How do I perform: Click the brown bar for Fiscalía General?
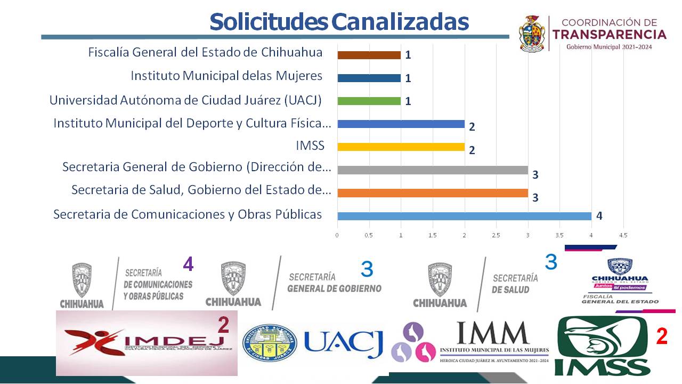pyautogui.click(x=369, y=55)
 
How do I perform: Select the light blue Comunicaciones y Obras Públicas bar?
pyautogui.click(x=464, y=216)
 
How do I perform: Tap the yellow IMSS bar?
pyautogui.click(x=401, y=147)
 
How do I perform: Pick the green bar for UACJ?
pyautogui.click(x=369, y=101)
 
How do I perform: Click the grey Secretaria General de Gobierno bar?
pyautogui.click(x=432, y=170)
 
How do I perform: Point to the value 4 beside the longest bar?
pyautogui.click(x=599, y=216)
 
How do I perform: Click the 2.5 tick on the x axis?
pyautogui.click(x=496, y=235)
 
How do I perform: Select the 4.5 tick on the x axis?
pyautogui.click(x=623, y=235)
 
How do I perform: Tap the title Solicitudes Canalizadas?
pyautogui.click(x=339, y=22)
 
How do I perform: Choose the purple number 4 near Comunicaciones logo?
pyautogui.click(x=188, y=264)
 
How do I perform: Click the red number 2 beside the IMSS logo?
pyautogui.click(x=661, y=336)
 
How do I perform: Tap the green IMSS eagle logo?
pyautogui.click(x=602, y=346)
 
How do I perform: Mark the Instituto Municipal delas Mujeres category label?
pyautogui.click(x=226, y=76)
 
